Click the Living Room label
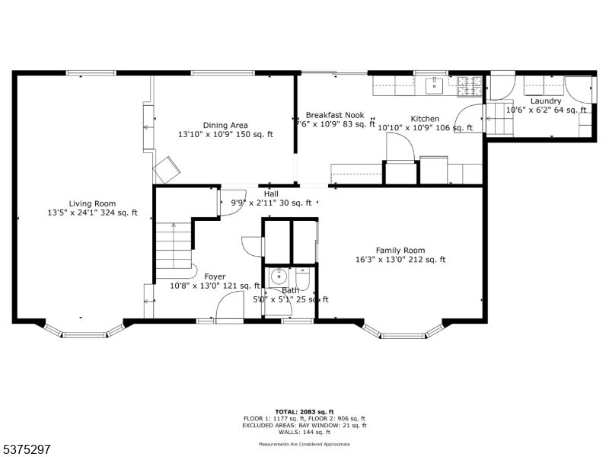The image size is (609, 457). (92, 203)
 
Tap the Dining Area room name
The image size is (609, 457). (225, 126)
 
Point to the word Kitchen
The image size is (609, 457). (425, 119)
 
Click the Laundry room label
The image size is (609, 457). (546, 101)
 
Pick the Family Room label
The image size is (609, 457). (400, 251)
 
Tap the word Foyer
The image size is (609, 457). (215, 276)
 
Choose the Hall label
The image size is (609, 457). (271, 193)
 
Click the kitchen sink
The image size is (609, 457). (436, 85)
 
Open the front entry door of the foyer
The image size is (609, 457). (227, 308)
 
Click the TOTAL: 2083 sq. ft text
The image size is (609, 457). (304, 411)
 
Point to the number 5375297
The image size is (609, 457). (27, 449)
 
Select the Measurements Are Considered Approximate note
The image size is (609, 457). (304, 443)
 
